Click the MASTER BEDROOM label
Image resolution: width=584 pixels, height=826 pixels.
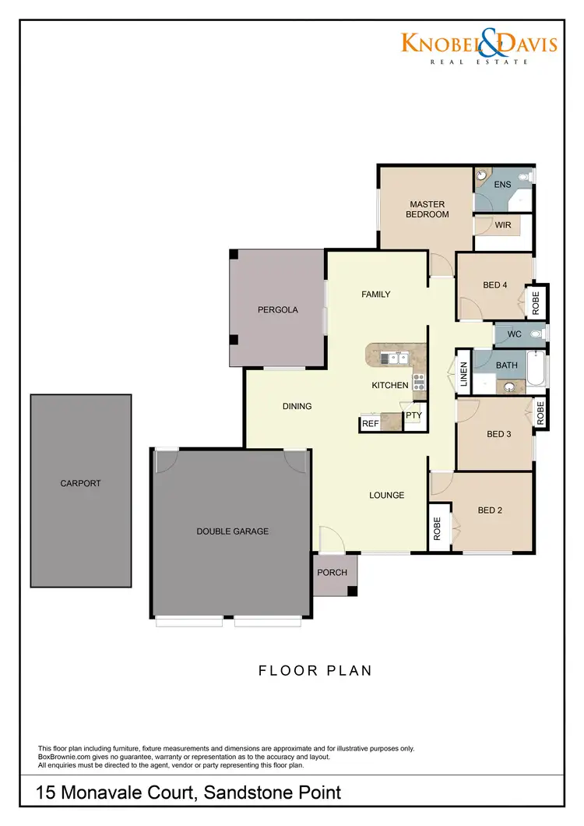(x=427, y=210)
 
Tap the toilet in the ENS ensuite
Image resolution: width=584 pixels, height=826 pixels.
(x=526, y=178)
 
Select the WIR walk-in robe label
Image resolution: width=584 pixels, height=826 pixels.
(x=503, y=224)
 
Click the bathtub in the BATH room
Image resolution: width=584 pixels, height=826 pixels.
(x=537, y=370)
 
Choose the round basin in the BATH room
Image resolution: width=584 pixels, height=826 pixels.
(x=509, y=386)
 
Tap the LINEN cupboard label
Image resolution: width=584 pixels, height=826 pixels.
(x=463, y=375)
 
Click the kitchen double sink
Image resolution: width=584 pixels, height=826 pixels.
(x=396, y=358)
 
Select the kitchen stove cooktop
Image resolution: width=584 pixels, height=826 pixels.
(x=419, y=381)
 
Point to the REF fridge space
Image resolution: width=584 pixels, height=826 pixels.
(x=370, y=424)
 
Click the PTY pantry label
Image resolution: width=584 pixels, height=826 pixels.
(x=413, y=415)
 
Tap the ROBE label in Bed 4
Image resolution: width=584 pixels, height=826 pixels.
(x=536, y=302)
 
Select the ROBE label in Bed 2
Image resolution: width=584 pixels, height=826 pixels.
(x=438, y=530)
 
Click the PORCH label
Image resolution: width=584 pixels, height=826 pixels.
(x=332, y=573)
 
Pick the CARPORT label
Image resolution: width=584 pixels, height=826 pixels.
(x=80, y=483)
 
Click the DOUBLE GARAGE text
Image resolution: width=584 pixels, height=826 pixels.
(x=232, y=531)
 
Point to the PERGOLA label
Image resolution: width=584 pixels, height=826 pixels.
(x=278, y=309)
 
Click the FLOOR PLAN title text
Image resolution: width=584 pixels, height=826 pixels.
(x=315, y=670)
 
